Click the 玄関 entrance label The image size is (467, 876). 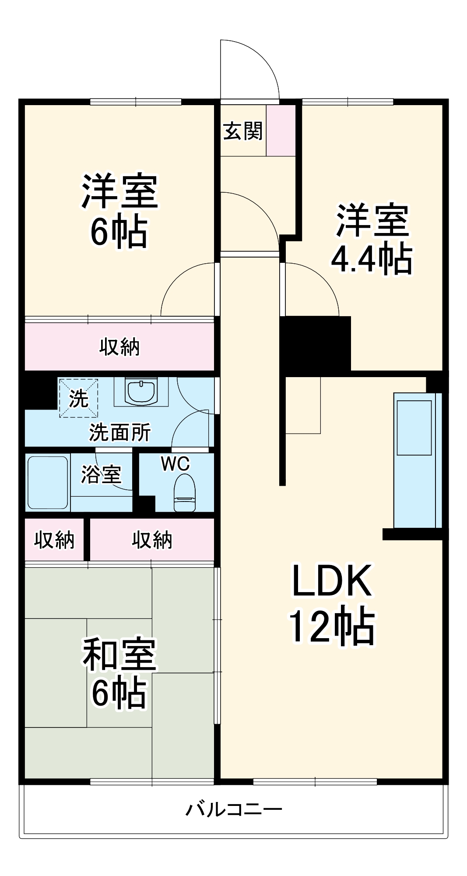(x=243, y=131)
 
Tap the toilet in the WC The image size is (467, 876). (x=185, y=494)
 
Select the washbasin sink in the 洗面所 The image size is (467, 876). (x=141, y=390)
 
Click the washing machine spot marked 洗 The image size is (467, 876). (x=78, y=398)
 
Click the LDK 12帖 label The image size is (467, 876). (x=331, y=604)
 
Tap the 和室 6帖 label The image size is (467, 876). (x=119, y=673)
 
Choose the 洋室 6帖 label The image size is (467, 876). (x=119, y=211)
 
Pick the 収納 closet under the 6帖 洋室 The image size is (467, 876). (x=119, y=347)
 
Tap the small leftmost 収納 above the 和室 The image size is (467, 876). (x=54, y=540)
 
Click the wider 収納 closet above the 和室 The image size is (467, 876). (x=152, y=540)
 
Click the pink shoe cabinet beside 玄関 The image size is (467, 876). (x=281, y=130)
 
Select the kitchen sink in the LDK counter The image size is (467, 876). (x=414, y=427)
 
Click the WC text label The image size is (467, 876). (x=175, y=464)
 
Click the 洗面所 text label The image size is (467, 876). (x=120, y=433)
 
